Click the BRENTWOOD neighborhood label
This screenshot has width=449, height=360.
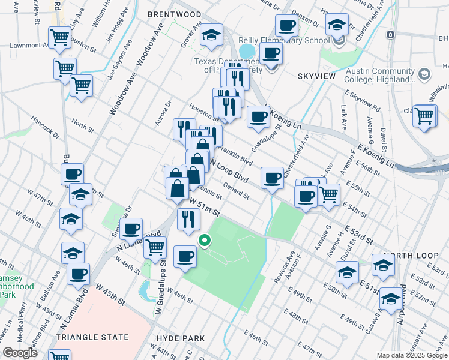174,14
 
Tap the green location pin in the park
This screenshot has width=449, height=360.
205,241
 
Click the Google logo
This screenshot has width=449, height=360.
20,353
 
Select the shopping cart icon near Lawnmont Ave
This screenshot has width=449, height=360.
61,37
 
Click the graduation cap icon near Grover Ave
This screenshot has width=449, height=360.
211,34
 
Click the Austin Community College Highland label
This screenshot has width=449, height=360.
381,75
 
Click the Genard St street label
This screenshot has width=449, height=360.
236,190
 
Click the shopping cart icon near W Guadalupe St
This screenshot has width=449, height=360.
155,246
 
